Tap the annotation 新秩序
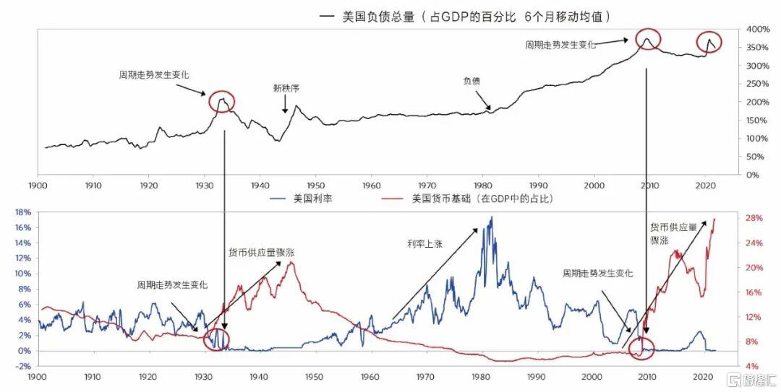[x=286, y=89]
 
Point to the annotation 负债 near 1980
[x=471, y=81]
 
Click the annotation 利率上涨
[x=422, y=244]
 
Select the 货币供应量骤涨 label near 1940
[x=261, y=253]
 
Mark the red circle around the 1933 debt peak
[x=223, y=102]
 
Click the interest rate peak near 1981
[x=492, y=217]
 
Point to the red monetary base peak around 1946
[x=291, y=262]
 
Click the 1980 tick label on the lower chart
[x=482, y=377]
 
